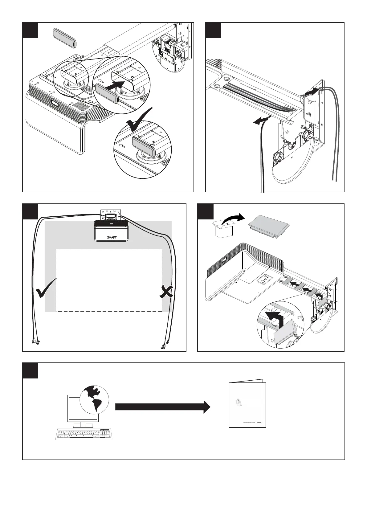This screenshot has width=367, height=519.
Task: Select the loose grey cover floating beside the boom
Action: pyautogui.click(x=64, y=38)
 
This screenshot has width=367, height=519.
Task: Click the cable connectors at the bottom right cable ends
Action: pyautogui.click(x=165, y=345)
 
